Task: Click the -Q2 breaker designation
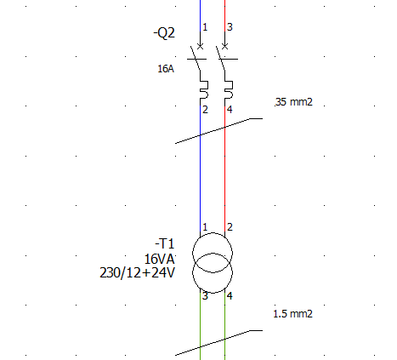[x=164, y=33]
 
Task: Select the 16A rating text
[x=166, y=69]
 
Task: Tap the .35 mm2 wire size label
[x=294, y=102]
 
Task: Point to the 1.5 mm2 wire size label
[x=292, y=314]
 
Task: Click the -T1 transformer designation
[x=165, y=243]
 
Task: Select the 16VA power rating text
[x=160, y=259]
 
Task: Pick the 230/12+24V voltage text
[x=138, y=273]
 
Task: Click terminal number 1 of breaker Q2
[x=205, y=27]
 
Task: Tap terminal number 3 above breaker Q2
[x=230, y=27]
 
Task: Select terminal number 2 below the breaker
[x=205, y=110]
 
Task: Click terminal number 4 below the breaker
[x=230, y=110]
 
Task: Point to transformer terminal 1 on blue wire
[x=205, y=227]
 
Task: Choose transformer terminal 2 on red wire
[x=230, y=227]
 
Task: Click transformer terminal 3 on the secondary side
[x=205, y=296]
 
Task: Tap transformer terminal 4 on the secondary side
[x=230, y=296]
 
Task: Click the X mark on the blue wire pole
[x=200, y=46]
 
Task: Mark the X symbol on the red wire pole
[x=224, y=46]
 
